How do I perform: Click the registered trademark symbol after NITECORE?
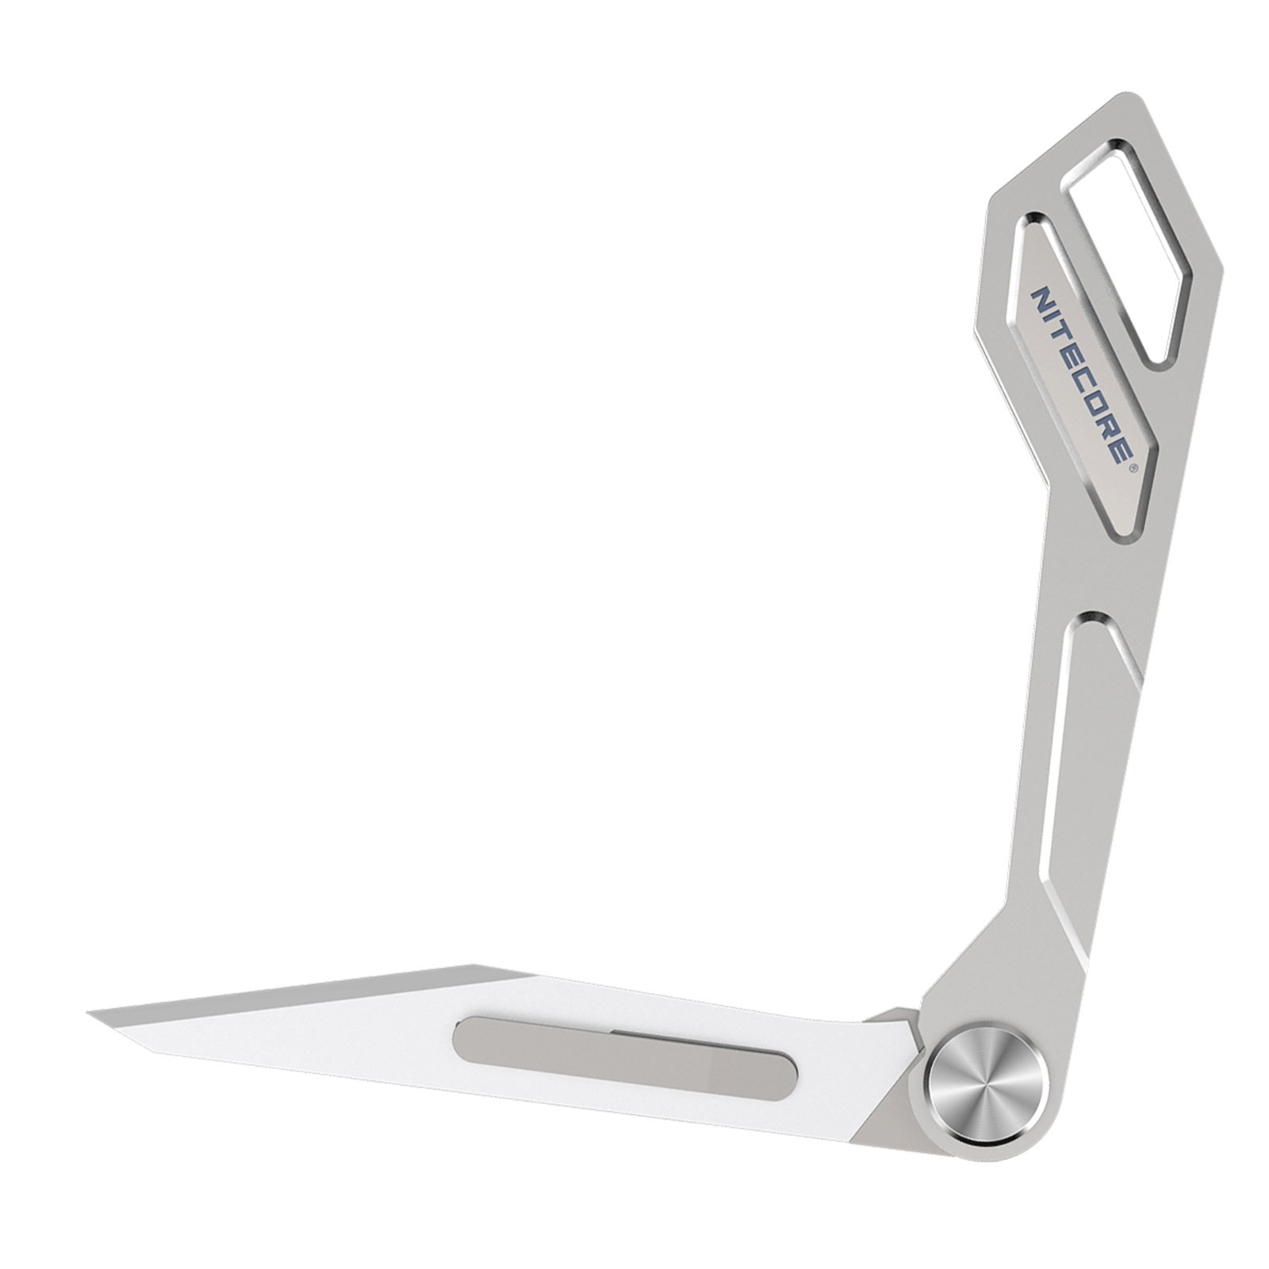[1135, 468]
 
